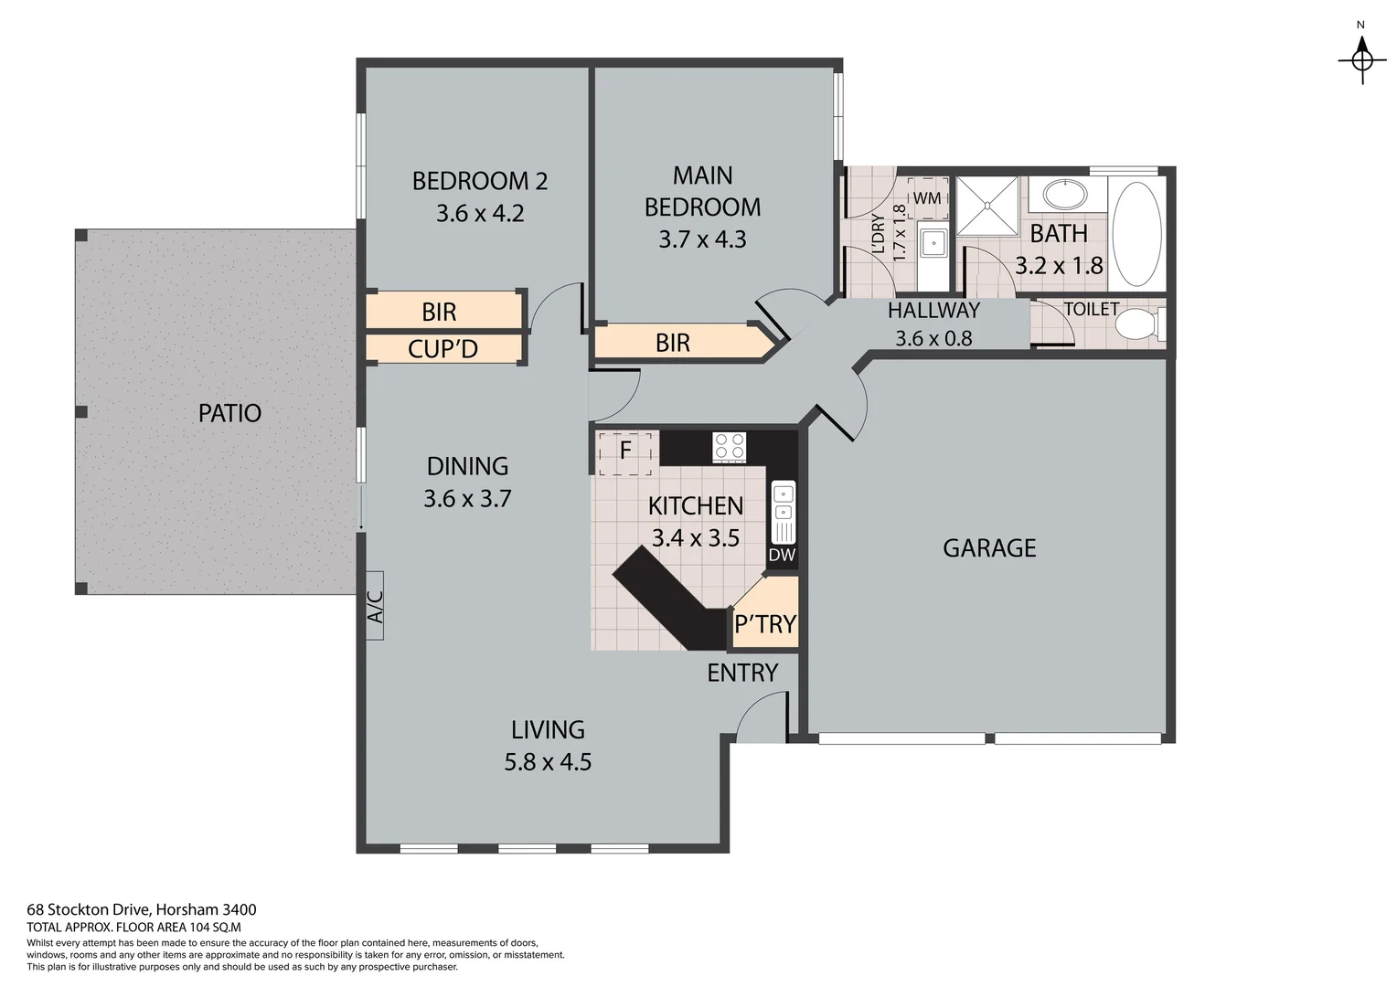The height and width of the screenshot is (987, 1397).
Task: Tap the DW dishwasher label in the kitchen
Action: tap(782, 555)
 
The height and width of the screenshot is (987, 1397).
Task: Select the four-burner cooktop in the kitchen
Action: tap(729, 446)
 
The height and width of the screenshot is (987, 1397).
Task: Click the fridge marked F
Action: tap(626, 451)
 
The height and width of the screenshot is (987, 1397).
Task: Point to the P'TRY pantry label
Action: tap(765, 624)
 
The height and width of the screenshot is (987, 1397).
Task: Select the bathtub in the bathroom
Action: tap(1136, 235)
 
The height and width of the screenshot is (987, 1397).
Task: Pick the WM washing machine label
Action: tap(926, 197)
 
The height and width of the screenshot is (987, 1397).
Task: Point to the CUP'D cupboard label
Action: tap(443, 349)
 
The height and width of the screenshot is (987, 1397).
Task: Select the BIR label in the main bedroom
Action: tap(673, 344)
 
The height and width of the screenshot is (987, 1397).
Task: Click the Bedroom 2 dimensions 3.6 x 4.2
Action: tap(480, 214)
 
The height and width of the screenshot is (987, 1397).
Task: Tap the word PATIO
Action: tap(229, 413)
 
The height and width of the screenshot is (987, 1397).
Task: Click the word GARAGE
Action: tap(989, 548)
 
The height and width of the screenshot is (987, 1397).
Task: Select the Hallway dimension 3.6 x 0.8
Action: tap(933, 338)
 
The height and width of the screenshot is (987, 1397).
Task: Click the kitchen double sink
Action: tap(784, 504)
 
